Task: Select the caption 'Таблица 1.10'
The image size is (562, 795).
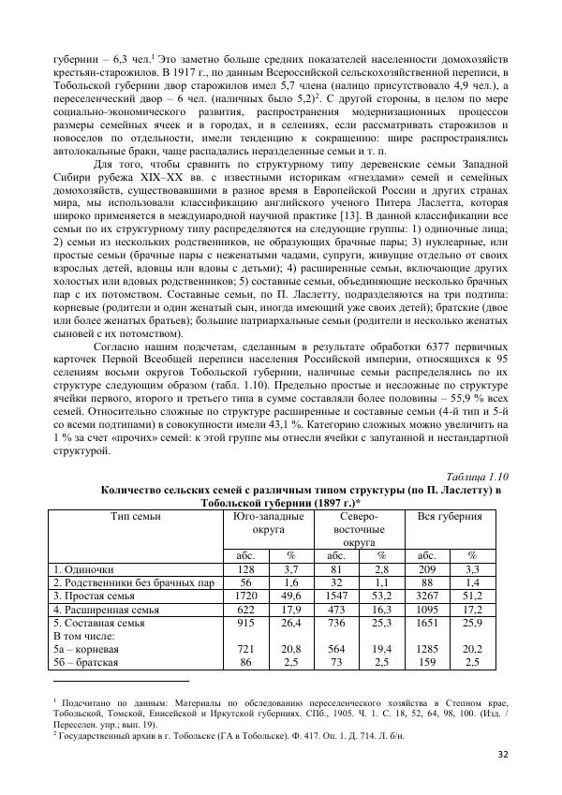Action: [475, 476]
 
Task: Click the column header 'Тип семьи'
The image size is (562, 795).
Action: [135, 516]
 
